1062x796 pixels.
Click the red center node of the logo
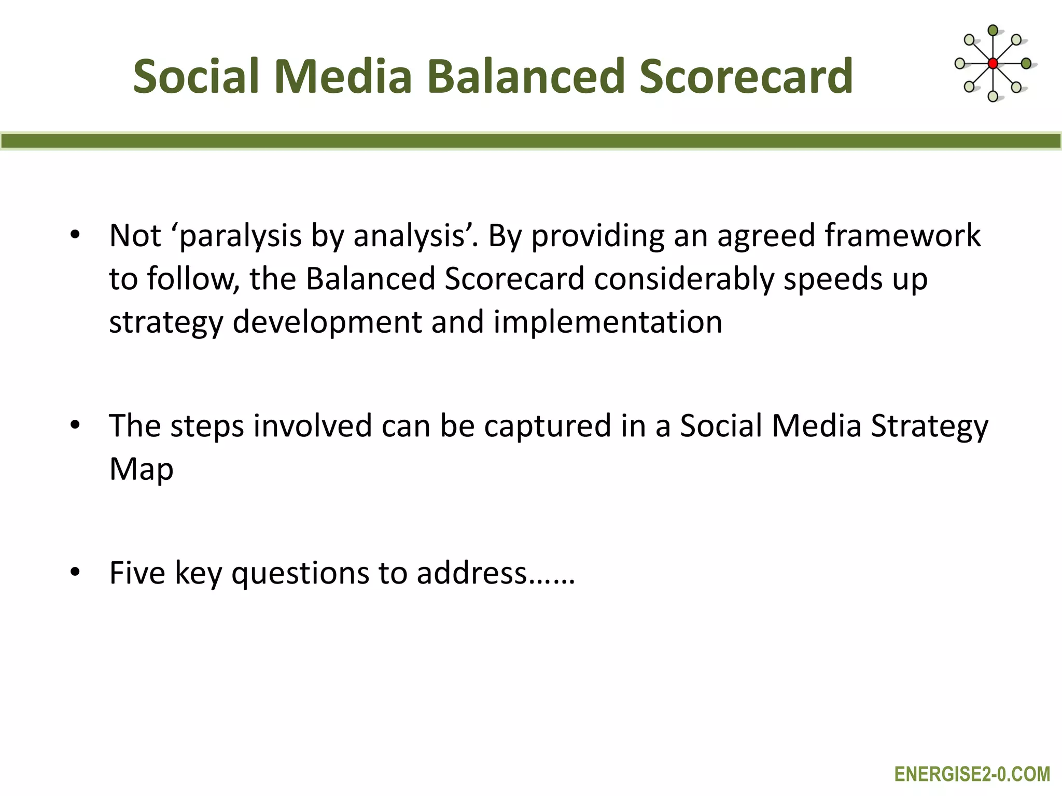[x=993, y=64]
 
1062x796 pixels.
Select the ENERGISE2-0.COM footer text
[x=972, y=774]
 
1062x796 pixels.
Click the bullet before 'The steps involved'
[x=76, y=425]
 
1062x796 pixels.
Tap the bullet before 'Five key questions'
[x=76, y=572]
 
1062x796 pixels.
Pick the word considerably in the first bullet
[x=683, y=279]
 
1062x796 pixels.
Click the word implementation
[x=608, y=322]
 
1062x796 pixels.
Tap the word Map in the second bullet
[x=141, y=470]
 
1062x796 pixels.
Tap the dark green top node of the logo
[x=993, y=30]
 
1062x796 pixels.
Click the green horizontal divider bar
[x=531, y=141]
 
